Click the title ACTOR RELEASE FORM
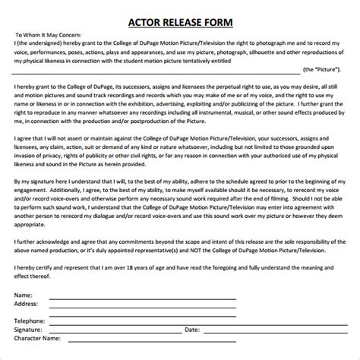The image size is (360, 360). pyautogui.click(x=180, y=21)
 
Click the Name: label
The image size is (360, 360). pyautogui.click(x=24, y=294)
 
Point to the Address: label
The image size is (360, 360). pyautogui.click(x=27, y=302)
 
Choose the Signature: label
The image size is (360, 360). pyautogui.click(x=30, y=330)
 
